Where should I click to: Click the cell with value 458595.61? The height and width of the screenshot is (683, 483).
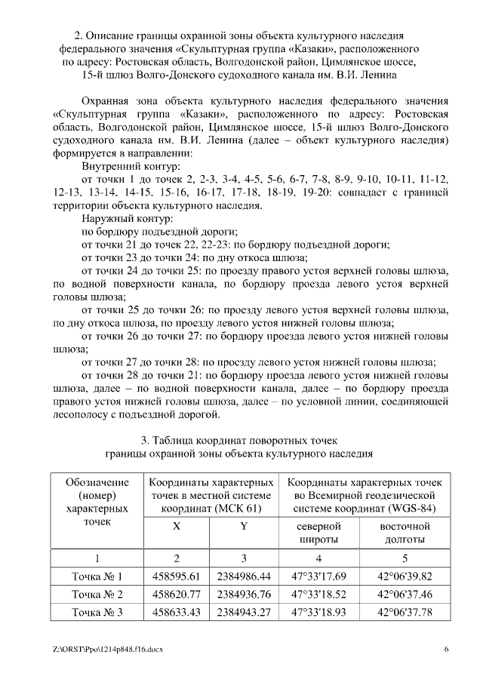click(176, 576)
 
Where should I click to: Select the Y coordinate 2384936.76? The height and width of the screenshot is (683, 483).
click(244, 594)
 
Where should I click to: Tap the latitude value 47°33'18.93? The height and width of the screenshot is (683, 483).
click(316, 612)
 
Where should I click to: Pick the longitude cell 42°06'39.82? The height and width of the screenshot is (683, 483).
click(404, 576)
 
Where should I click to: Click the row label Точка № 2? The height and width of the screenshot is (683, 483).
click(97, 594)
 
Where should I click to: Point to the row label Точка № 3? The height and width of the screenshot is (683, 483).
click(97, 612)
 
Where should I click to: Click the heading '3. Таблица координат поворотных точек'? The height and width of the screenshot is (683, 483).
click(239, 440)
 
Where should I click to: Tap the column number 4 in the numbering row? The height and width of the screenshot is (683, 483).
click(316, 558)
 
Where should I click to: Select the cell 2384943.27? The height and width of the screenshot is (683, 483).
click(244, 612)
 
